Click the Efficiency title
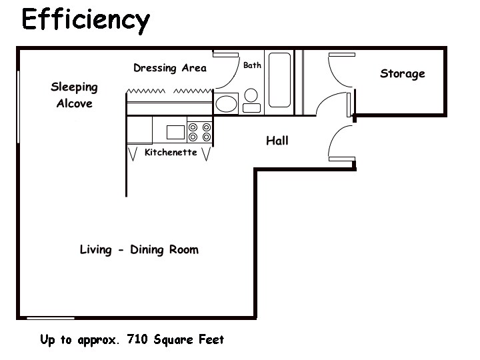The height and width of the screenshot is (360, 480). (86, 21)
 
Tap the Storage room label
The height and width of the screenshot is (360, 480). (403, 74)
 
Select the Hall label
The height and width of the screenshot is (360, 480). (277, 141)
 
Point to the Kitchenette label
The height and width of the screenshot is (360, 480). (171, 152)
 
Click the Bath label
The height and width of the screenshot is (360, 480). (252, 65)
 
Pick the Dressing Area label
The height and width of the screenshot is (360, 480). (170, 67)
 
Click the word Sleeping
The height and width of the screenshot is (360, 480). (75, 87)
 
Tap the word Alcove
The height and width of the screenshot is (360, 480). (75, 103)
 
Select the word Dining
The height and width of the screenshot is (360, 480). (147, 250)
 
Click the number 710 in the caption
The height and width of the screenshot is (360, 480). (137, 339)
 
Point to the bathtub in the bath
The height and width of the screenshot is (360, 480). (279, 80)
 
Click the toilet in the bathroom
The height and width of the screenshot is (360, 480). (251, 101)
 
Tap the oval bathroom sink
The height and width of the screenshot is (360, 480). (226, 104)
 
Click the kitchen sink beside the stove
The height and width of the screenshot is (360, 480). (175, 132)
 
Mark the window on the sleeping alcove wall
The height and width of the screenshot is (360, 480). (19, 107)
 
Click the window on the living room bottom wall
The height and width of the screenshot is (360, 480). (51, 319)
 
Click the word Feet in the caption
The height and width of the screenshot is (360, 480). (211, 339)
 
